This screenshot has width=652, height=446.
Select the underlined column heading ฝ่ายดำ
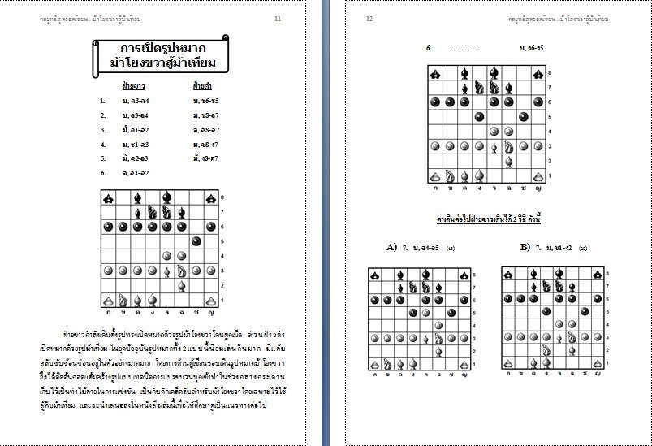[x=202, y=84]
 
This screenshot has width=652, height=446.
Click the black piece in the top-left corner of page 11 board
[x=108, y=197]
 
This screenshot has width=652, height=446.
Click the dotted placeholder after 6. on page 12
[x=463, y=49]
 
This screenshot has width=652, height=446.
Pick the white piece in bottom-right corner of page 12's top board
[x=538, y=175]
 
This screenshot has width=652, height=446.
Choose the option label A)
[x=392, y=246]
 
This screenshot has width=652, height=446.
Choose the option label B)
[x=525, y=246]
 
